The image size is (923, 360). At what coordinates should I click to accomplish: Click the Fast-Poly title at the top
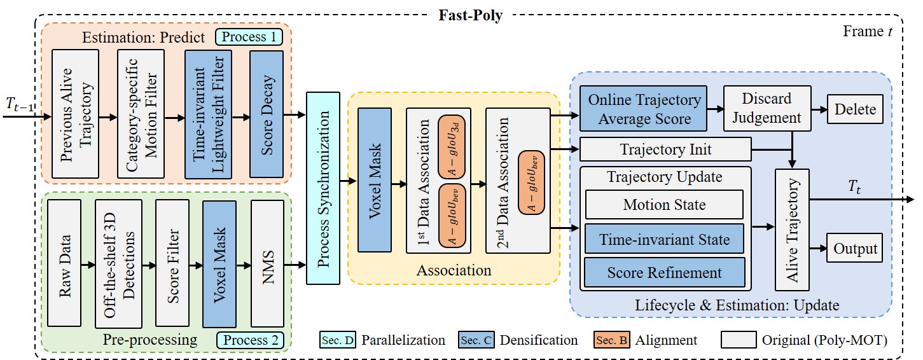pos(469,15)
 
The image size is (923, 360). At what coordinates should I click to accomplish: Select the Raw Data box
pos(64,263)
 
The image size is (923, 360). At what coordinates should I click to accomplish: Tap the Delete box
pos(856,109)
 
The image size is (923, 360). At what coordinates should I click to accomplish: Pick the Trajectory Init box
pos(665,150)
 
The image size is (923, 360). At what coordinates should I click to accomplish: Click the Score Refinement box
pos(664,272)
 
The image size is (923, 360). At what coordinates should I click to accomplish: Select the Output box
pos(856,249)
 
